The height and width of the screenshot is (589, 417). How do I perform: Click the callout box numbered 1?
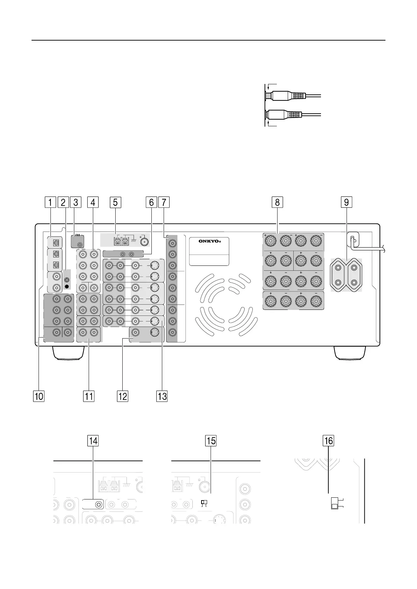pyautogui.click(x=50, y=202)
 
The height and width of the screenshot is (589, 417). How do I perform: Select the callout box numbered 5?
pyautogui.click(x=115, y=202)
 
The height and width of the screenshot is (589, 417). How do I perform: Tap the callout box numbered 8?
pyautogui.click(x=277, y=202)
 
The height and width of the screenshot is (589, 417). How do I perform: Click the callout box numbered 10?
pyautogui.click(x=39, y=396)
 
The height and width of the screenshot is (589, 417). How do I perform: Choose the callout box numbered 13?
pyautogui.click(x=162, y=396)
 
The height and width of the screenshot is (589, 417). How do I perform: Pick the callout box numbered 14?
pyautogui.click(x=93, y=441)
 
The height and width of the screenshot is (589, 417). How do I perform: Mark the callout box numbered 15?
pyautogui.click(x=211, y=441)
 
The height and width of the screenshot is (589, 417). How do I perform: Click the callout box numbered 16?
pyautogui.click(x=328, y=441)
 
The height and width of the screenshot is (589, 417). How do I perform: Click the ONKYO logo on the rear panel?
pyautogui.click(x=209, y=241)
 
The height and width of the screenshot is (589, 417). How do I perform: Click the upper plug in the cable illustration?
pyautogui.click(x=286, y=95)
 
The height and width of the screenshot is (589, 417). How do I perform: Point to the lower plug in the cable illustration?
pyautogui.click(x=286, y=114)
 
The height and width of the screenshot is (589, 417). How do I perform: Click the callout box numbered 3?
pyautogui.click(x=75, y=202)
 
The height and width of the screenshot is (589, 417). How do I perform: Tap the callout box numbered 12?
pyautogui.click(x=123, y=396)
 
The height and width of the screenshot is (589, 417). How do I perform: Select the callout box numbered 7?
pyautogui.click(x=164, y=202)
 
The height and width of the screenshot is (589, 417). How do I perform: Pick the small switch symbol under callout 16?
pyautogui.click(x=335, y=503)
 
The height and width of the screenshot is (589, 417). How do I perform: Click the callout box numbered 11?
pyautogui.click(x=89, y=396)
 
